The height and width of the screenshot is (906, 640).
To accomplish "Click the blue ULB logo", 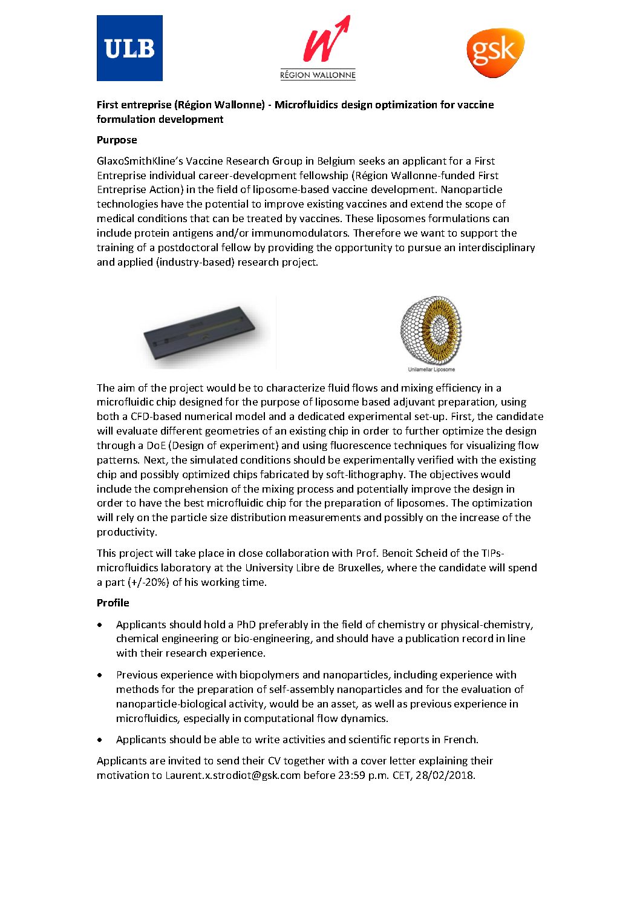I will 129,48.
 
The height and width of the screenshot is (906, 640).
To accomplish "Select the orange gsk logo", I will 495,52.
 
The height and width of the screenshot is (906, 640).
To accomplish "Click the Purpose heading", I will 117,140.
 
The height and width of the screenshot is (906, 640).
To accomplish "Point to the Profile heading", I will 113,603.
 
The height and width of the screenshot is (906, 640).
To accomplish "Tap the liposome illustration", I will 431,330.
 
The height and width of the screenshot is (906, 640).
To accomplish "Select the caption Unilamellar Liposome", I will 431,369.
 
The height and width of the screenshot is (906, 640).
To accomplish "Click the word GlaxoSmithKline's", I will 140,161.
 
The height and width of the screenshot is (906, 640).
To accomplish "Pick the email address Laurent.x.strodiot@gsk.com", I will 233,775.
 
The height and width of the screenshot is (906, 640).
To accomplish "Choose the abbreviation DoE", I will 156,445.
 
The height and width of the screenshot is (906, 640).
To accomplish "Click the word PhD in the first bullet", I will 246,625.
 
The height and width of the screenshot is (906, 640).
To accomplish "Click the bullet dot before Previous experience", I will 100,675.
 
